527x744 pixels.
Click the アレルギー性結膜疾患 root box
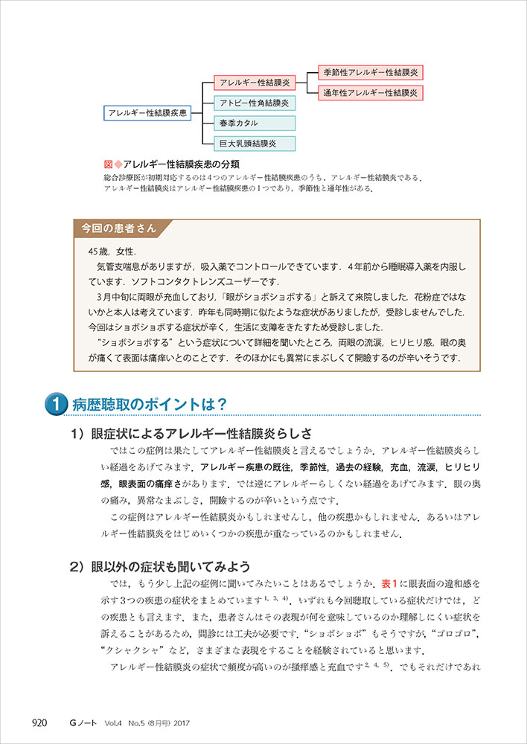coord(146,113)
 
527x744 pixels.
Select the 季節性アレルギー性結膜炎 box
coord(371,72)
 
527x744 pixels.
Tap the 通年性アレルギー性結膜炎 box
coord(371,93)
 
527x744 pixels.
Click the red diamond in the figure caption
coord(118,164)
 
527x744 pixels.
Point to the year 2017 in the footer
coord(206,721)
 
